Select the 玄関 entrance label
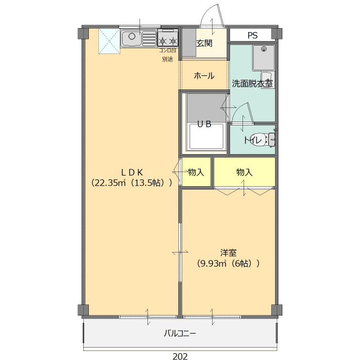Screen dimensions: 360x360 204,44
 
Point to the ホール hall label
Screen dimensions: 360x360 204,75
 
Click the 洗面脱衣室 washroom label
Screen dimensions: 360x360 253,84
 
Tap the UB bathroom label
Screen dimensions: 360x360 204,125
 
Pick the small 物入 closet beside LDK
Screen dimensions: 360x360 196,172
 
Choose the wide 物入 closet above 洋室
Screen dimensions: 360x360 245,172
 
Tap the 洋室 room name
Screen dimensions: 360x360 228,252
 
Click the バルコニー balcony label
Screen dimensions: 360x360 180,334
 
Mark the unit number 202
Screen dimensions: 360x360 180,355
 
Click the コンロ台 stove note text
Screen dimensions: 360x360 168,51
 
